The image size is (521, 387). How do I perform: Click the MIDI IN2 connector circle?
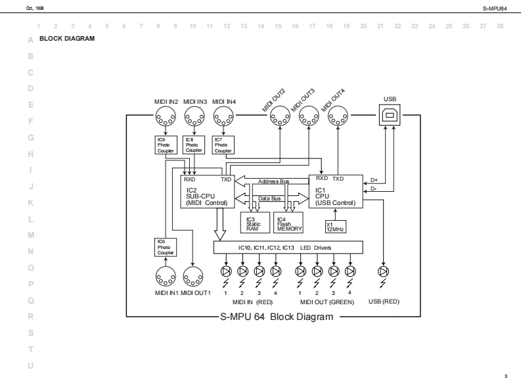165,118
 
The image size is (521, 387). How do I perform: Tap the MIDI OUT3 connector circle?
308,118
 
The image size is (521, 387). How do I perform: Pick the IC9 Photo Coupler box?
164,145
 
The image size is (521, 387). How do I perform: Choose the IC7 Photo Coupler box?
223,145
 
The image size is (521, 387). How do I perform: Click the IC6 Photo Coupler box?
165,247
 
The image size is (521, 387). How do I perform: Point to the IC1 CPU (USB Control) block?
336,191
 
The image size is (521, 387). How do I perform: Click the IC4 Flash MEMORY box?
289,223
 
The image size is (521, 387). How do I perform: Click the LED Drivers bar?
288,248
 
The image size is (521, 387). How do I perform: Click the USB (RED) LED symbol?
384,271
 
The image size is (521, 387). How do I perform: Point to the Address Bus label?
273,181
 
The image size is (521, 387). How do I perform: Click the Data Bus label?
269,198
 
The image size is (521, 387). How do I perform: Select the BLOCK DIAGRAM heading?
67,39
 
